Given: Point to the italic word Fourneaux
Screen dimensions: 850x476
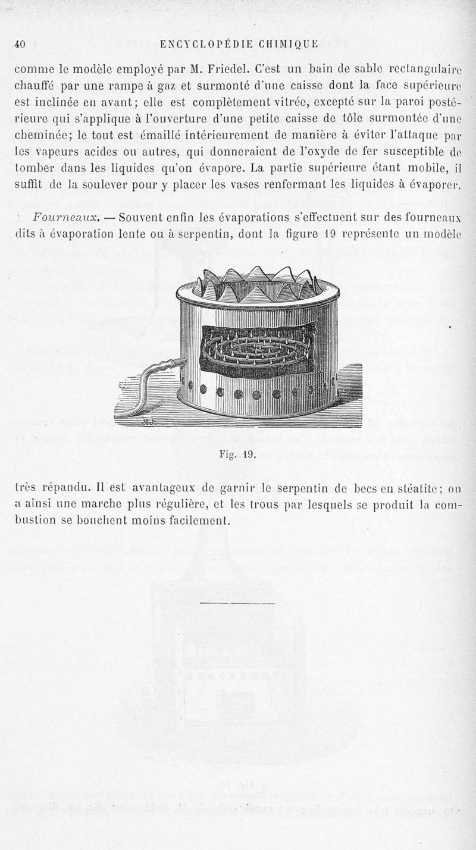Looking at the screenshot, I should tap(62, 218).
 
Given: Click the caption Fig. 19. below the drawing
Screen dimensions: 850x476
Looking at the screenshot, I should tap(237, 456).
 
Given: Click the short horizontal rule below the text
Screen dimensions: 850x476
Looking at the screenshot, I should tap(237, 604).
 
